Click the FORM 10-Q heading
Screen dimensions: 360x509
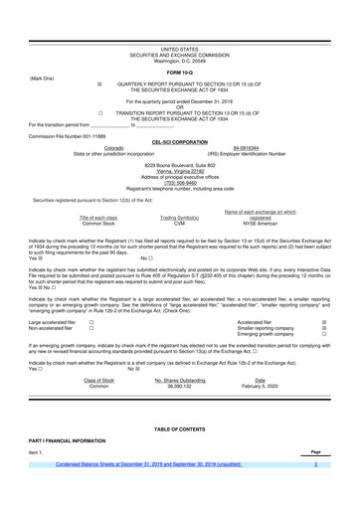[180, 74]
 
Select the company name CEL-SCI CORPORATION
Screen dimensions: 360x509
[180, 142]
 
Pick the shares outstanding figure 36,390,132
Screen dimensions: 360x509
[179, 385]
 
